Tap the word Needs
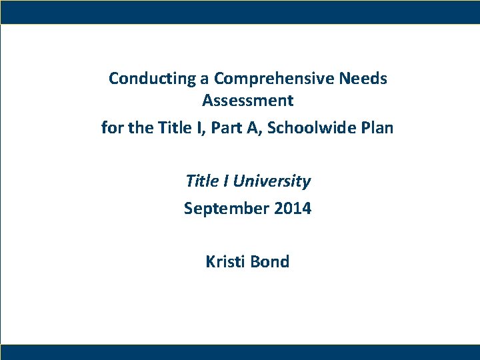[x=363, y=79]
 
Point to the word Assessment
[x=247, y=101]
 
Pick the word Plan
[x=377, y=127]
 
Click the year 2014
[x=292, y=209]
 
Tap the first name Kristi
[x=225, y=262]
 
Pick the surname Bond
[x=270, y=262]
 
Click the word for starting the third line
[x=112, y=127]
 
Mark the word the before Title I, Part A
[x=140, y=127]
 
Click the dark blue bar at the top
[x=240, y=11]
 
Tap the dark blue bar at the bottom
[x=240, y=352]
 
